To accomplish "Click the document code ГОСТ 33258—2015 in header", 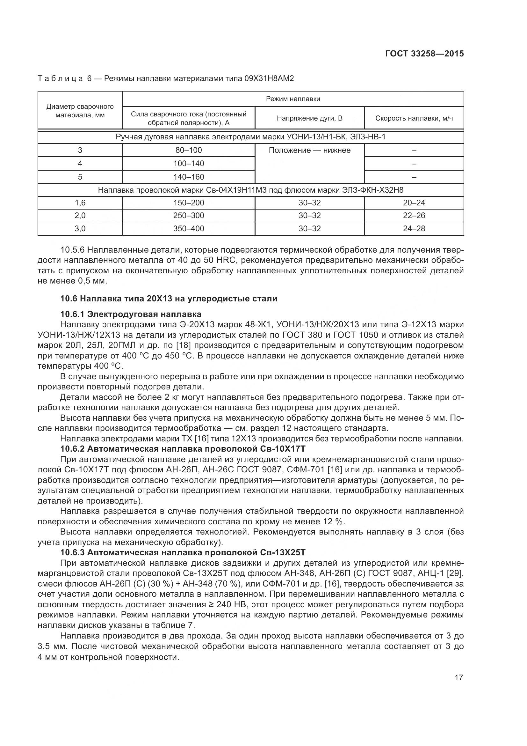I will [424, 54].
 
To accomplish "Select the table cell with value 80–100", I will [189, 150].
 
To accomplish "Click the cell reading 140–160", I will [189, 177].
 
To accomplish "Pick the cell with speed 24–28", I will [414, 228].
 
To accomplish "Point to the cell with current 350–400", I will [189, 228].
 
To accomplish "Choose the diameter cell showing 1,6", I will [80, 203].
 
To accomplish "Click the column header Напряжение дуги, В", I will [310, 118].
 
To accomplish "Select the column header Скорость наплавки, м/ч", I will [414, 118].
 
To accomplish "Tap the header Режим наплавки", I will [293, 99].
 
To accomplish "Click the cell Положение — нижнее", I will [310, 151].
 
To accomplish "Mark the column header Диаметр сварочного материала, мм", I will [80, 111].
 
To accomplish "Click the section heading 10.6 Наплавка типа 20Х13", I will [169, 298].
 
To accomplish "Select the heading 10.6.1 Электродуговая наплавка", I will [131, 314].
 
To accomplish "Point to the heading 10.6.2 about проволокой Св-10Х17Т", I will [183, 449].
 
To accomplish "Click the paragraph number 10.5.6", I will [72, 250].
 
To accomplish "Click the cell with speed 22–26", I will [414, 215].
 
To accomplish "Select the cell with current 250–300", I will [189, 215].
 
